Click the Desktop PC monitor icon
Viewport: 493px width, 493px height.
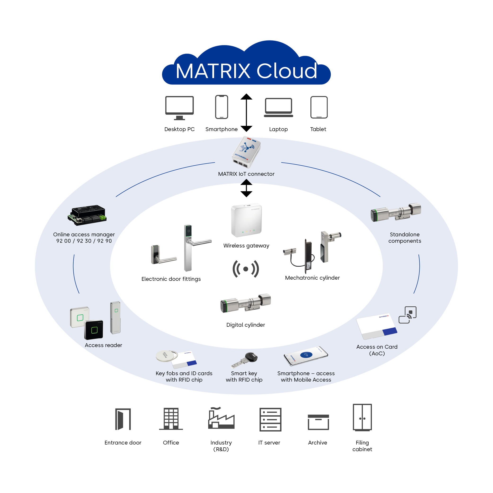pos(179,107)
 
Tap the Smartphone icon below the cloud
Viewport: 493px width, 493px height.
pos(221,107)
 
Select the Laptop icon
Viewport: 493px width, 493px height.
pos(278,107)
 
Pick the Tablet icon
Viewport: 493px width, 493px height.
pos(319,107)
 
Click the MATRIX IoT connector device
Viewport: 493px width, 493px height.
pos(246,152)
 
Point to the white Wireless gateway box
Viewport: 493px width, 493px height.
pos(246,220)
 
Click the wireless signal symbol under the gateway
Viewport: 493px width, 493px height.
pos(246,269)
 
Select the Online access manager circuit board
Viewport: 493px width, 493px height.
pos(87,215)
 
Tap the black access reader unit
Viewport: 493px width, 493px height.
pos(94,330)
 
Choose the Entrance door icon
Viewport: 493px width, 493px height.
pos(123,419)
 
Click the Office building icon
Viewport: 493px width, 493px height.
pos(171,419)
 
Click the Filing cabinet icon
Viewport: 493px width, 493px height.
pos(362,418)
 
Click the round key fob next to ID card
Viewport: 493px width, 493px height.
pos(166,356)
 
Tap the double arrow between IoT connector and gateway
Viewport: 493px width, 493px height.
pos(246,188)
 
